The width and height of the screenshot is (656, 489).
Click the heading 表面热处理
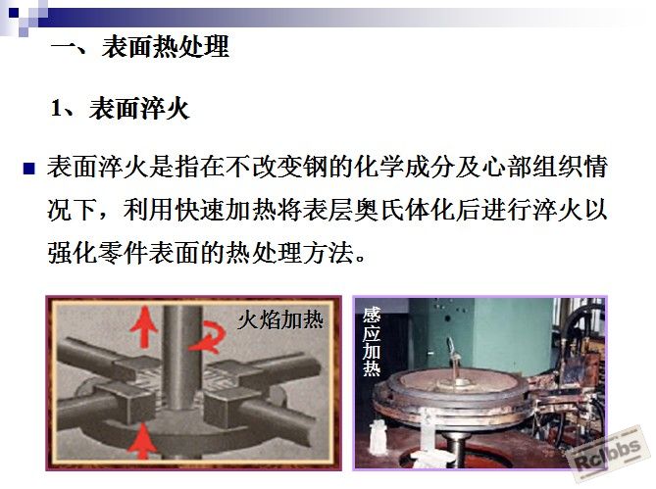pos(166,46)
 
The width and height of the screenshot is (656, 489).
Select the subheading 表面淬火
pos(139,109)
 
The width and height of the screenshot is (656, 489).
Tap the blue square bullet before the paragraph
pos(28,169)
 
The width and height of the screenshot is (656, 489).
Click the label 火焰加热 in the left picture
pos(280,320)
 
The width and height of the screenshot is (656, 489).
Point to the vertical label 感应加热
pos(372,341)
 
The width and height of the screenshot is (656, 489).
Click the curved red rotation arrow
pos(208,337)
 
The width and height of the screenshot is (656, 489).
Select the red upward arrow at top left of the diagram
pos(144,326)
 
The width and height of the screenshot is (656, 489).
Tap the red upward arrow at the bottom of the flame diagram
pos(142,441)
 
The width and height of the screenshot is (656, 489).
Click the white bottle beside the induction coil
pos(379,438)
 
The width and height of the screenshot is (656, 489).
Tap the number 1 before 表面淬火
pos(56,108)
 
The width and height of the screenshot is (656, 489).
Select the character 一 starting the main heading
pos(64,46)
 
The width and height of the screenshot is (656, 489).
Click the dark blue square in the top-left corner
pos(14,13)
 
